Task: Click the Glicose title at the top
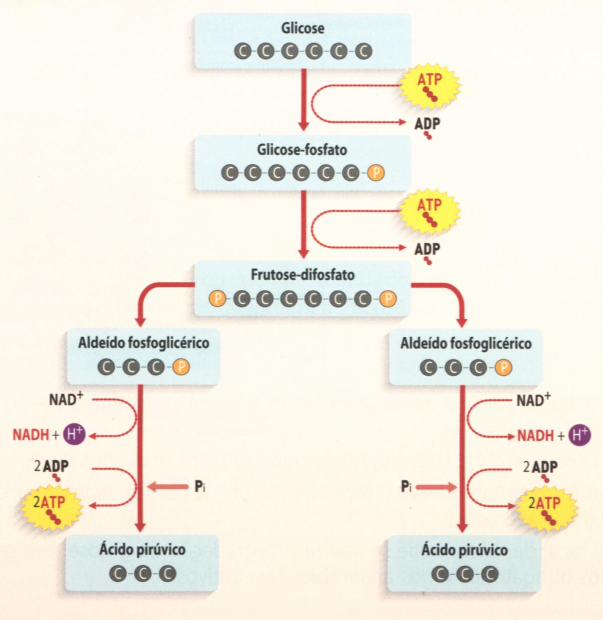pos(302,28)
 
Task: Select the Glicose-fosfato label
pos(302,150)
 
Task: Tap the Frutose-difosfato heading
pos(302,275)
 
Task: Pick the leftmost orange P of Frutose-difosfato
pos(217,299)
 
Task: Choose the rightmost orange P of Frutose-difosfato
pos(388,299)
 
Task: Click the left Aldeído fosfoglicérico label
pos(144,343)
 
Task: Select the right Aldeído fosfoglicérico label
pos(465,343)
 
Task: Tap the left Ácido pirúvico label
pos(142,550)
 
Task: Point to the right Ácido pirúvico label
pos(464,550)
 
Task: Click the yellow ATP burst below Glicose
pos(430,84)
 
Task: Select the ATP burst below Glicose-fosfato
pos(430,210)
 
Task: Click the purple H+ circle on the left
pos(74,435)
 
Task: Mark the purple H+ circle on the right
pos(579,435)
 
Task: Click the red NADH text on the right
pos(535,435)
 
